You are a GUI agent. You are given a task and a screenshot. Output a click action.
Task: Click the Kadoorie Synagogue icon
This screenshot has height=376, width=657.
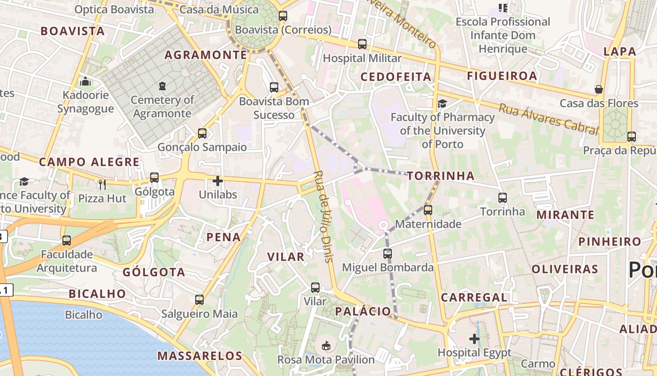(85, 82)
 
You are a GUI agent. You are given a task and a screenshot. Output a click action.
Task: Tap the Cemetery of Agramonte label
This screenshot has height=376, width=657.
(162, 107)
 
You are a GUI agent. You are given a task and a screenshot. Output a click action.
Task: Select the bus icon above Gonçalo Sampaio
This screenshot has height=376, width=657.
(202, 133)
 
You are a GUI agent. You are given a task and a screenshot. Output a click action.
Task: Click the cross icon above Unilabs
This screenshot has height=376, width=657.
(218, 180)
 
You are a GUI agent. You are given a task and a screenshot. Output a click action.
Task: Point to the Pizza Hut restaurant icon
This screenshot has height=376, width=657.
(102, 184)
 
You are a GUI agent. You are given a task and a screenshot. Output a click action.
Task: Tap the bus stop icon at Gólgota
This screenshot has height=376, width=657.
(154, 178)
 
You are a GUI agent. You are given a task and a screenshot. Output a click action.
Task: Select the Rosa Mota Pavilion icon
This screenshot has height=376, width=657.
(326, 346)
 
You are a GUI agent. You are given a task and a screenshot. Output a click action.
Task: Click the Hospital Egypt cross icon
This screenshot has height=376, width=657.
(474, 338)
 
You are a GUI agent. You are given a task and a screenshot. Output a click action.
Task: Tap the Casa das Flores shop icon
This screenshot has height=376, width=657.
(599, 89)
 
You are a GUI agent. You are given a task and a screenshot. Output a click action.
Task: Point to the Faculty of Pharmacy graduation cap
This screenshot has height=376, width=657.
(442, 103)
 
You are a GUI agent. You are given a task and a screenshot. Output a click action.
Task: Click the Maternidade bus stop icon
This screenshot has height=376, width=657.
(428, 210)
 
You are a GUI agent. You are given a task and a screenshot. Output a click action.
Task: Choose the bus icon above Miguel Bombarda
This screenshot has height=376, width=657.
(388, 254)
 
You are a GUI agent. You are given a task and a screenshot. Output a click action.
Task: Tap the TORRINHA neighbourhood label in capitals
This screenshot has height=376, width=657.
(441, 176)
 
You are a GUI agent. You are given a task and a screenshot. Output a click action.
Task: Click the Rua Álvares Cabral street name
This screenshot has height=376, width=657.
(548, 119)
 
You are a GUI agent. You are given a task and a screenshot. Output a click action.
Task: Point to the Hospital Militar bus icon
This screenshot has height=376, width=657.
(362, 44)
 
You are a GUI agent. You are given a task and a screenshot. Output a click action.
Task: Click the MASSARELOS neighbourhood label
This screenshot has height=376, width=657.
(200, 356)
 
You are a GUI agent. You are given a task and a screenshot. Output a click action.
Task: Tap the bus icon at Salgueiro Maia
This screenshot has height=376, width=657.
(199, 299)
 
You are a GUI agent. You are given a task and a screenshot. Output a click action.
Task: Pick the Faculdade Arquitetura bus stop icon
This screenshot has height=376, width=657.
(67, 241)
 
